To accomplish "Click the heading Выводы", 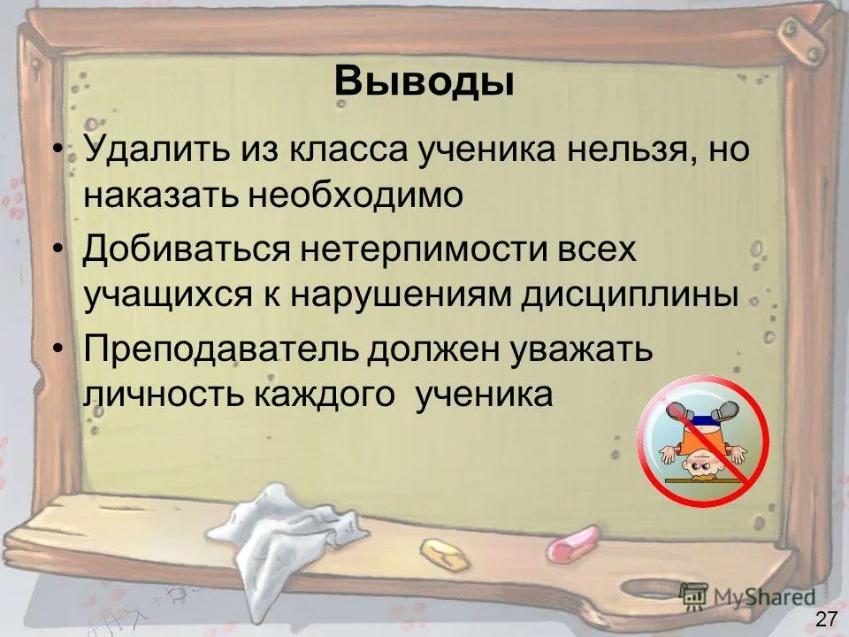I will (x=424, y=82).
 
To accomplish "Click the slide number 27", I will (x=826, y=618).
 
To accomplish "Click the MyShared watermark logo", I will (x=747, y=596).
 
